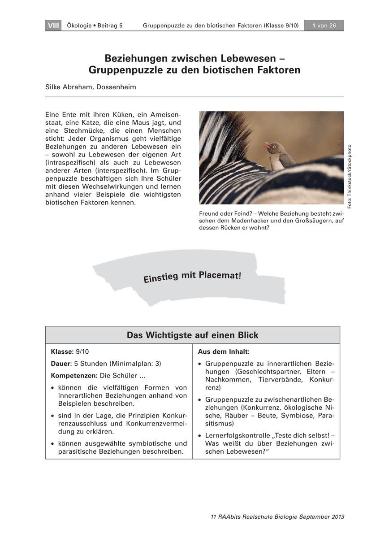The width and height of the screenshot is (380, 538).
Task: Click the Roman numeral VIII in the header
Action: pos(53,26)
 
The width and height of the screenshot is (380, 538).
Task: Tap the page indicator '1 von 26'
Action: pos(324,26)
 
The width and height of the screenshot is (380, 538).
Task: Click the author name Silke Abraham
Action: pos(69,87)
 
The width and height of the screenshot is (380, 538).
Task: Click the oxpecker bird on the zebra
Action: pos(279,155)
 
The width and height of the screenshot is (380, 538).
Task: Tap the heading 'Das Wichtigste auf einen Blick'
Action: pos(192,335)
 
